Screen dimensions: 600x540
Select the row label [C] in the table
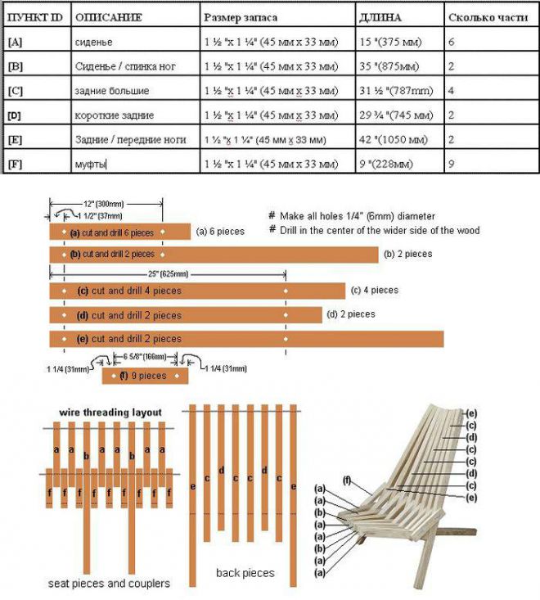pos(16,90)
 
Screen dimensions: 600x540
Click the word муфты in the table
pos(91,165)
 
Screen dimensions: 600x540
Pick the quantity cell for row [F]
pos(452,165)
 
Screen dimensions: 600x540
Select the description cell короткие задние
pos(114,115)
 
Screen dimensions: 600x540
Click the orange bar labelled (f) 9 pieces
pos(145,376)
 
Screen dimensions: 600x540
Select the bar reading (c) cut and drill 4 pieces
pos(196,291)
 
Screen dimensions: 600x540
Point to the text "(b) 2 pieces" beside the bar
pos(407,255)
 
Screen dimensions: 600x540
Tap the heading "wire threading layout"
pos(110,412)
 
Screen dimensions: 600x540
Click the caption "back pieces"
pos(245,572)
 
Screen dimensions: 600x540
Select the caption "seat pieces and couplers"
pos(109,584)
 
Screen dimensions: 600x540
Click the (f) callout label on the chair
pos(347,480)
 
